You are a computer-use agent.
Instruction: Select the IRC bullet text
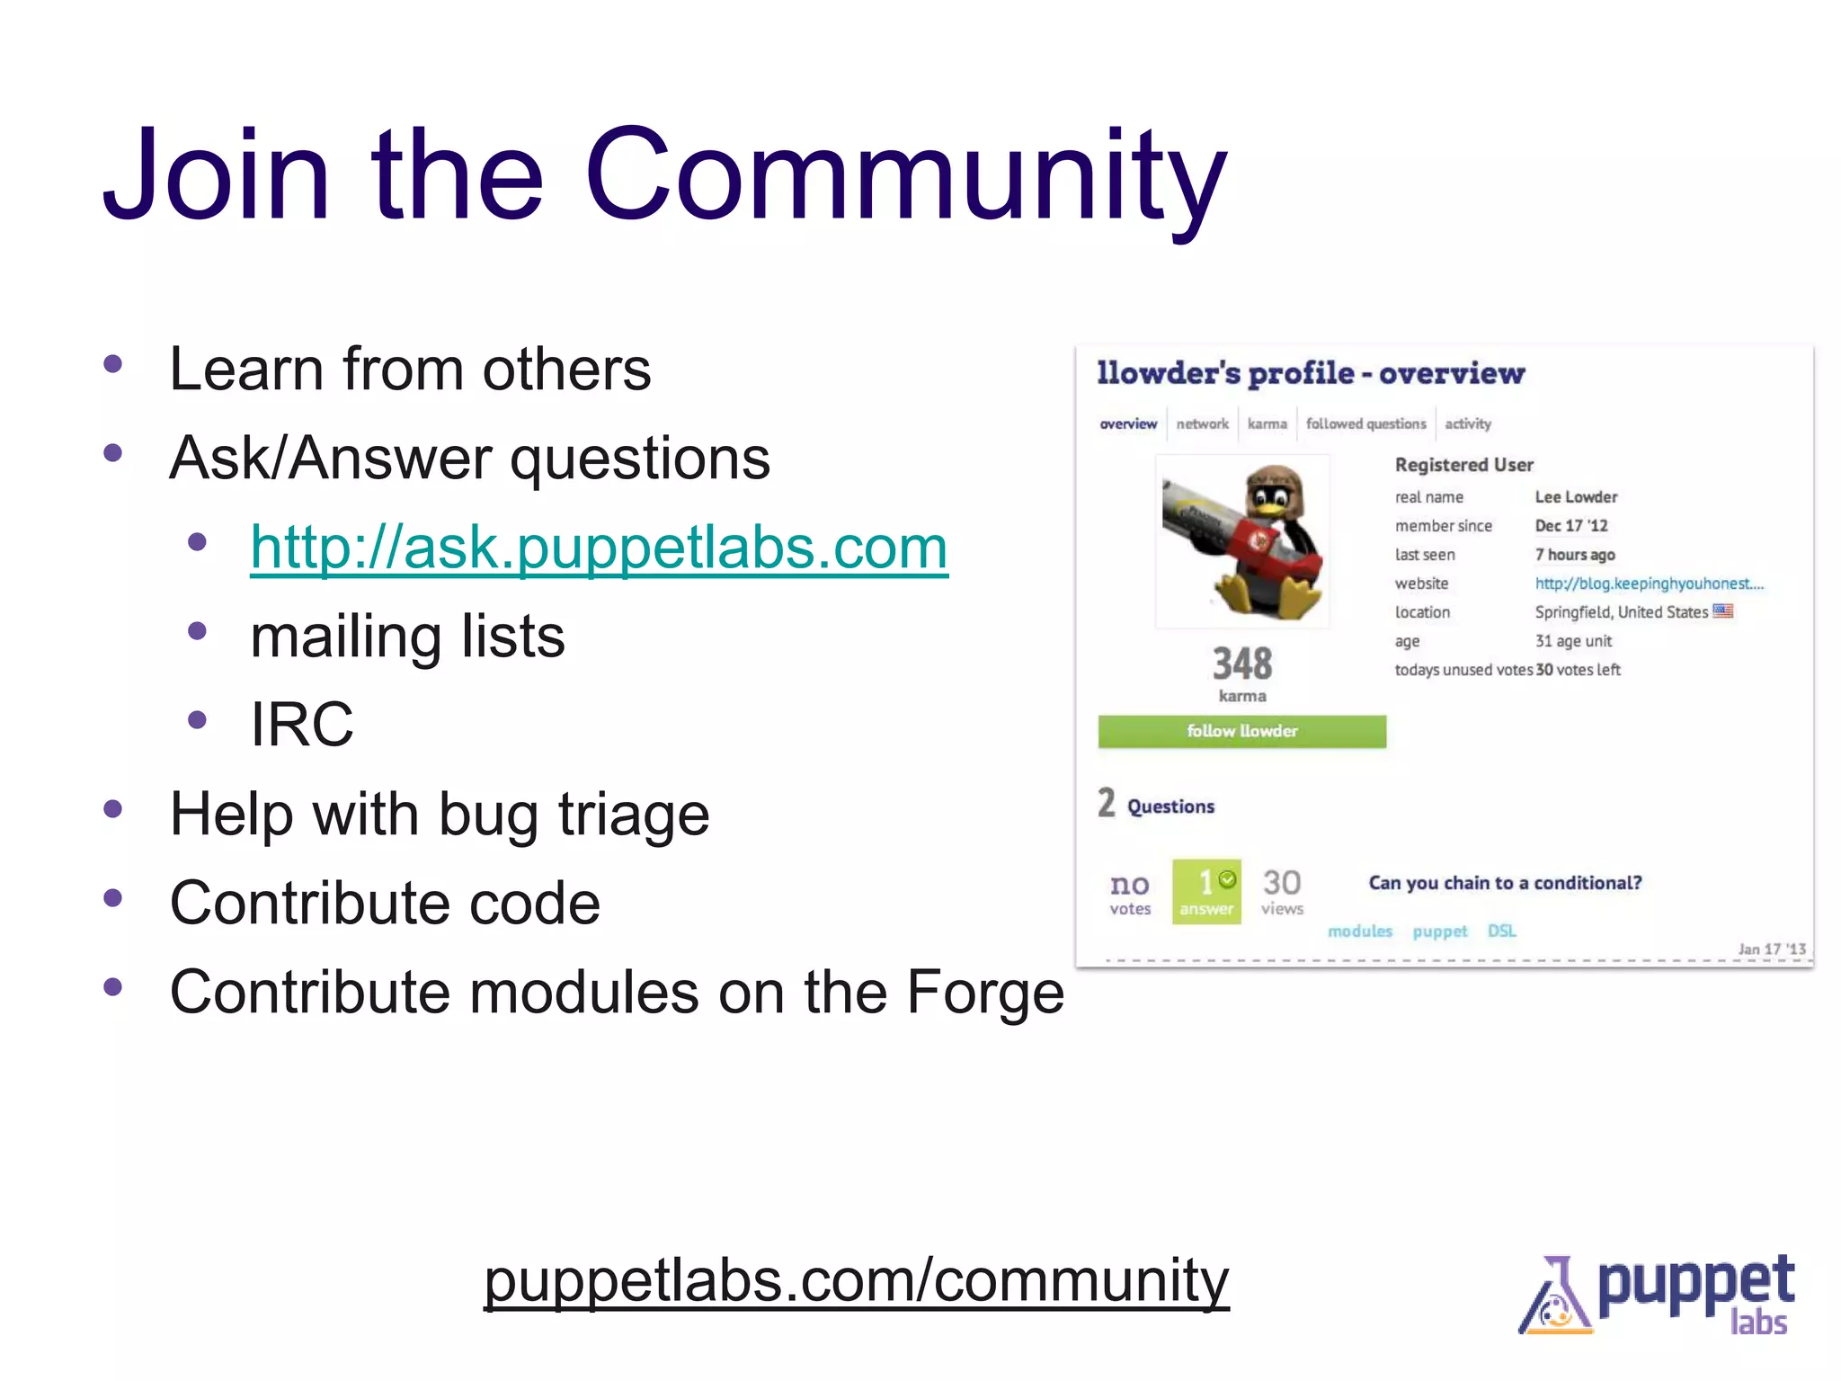tap(302, 724)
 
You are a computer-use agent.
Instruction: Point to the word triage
tap(634, 815)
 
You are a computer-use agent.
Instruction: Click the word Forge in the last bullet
tap(985, 993)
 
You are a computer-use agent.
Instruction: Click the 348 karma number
tap(1242, 664)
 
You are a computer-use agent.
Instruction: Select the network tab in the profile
tap(1202, 423)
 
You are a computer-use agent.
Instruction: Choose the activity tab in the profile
tap(1467, 423)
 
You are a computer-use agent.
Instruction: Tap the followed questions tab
tap(1365, 423)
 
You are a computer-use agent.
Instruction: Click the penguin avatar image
tap(1242, 541)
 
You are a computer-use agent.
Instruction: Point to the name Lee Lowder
tap(1575, 497)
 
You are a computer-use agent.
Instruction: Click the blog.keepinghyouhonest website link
tap(1649, 584)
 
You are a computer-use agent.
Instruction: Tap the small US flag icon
tap(1722, 611)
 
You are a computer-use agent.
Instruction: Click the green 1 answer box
tap(1206, 891)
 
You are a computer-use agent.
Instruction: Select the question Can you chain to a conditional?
tap(1505, 883)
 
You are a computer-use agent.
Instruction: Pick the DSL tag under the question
tap(1501, 931)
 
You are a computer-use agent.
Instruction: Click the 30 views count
tap(1282, 891)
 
